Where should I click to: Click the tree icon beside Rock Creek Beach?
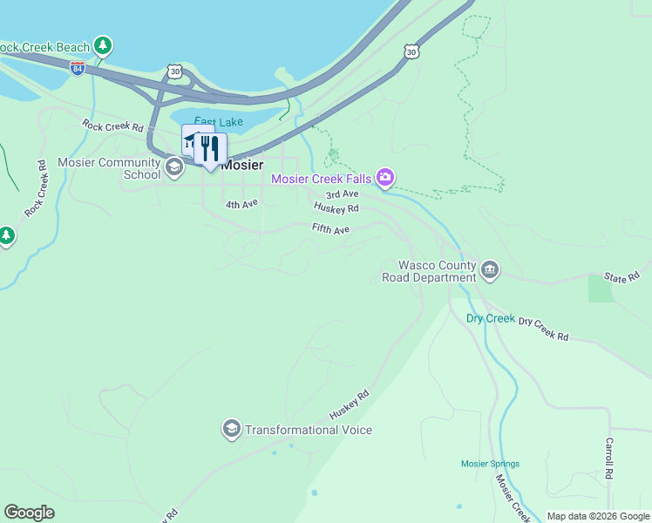[x=104, y=45]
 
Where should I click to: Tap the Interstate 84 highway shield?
[x=78, y=68]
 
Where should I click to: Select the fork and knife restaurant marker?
[x=209, y=148]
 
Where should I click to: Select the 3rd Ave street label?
[x=342, y=194]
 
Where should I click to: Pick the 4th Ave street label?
[x=241, y=204]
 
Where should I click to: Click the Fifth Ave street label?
[x=330, y=228]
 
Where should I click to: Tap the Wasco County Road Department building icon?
[x=489, y=271]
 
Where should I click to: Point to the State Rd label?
[x=622, y=277]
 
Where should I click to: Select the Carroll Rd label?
[x=609, y=460]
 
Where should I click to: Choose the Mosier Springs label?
[x=490, y=464]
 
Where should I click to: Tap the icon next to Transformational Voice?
[x=231, y=429]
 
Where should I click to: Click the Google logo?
[x=30, y=513]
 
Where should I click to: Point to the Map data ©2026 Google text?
[x=598, y=516]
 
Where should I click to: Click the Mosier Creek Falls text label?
[x=321, y=180]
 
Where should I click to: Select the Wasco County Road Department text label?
[x=430, y=271]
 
